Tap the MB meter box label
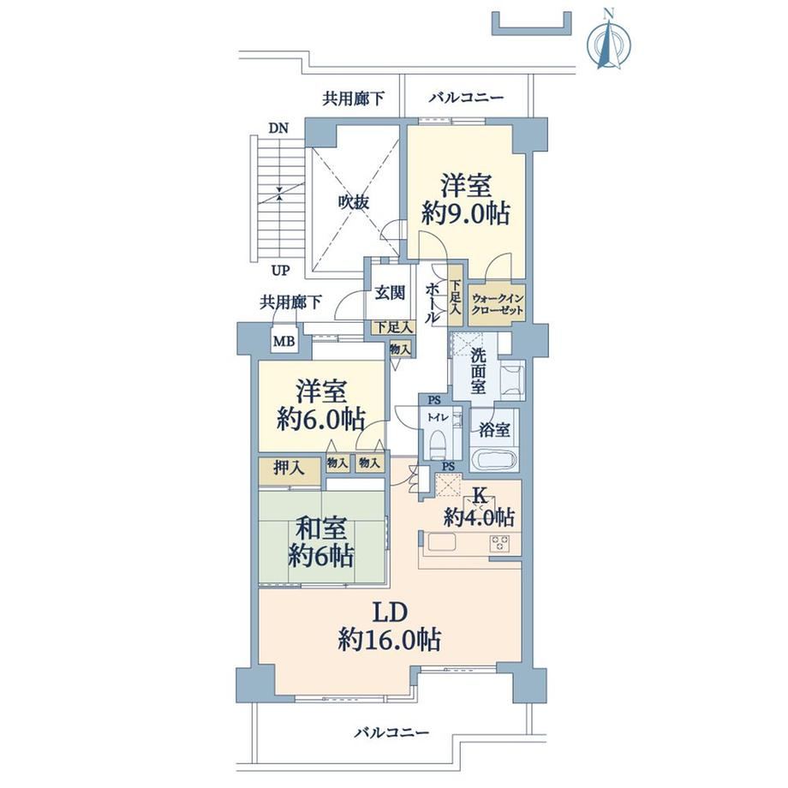pos(284,341)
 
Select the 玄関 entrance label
pos(390,292)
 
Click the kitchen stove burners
pos(499,543)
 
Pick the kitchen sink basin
pos(441,543)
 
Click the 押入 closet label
pos(289,469)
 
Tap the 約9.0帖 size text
pos(466,213)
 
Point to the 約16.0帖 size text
pos(390,639)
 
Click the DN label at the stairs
pos(278,128)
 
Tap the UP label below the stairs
pos(280,271)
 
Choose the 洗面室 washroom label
pos(478,371)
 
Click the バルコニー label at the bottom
pos(392,732)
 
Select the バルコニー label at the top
pos(466,97)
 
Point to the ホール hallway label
pos(432,302)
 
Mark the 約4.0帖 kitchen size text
pos(479,517)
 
